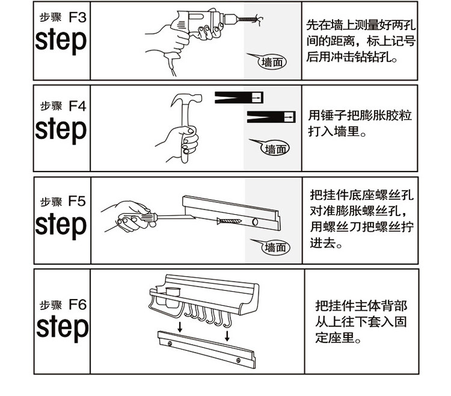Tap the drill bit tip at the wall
(257, 19)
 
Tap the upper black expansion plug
(240, 97)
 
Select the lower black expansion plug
(271, 117)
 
